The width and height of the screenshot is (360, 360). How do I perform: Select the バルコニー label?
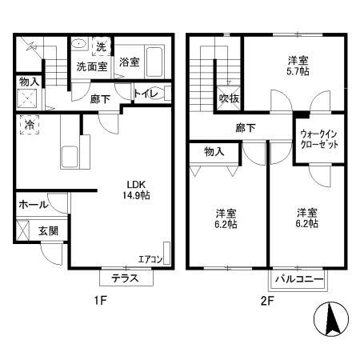[x=298, y=279]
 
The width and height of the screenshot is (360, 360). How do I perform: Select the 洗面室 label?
[x=92, y=67]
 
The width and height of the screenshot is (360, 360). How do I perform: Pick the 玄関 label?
[x=49, y=231]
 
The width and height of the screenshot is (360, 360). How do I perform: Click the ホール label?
[x=32, y=204]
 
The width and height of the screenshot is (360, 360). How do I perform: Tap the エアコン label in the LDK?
[x=150, y=258]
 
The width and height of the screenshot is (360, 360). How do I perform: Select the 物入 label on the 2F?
[x=214, y=150]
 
